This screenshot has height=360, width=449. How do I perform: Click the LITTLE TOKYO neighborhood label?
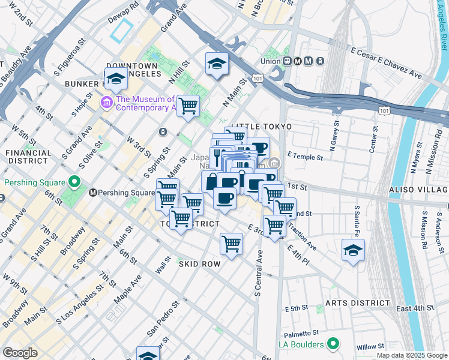261,127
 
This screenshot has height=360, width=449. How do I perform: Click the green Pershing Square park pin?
73,181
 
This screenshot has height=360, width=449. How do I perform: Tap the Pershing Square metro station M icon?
93,193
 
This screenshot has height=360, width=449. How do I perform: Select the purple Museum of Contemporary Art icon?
107,103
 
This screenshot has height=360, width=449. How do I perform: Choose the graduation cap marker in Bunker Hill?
116,79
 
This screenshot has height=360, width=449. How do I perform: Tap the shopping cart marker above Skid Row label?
231,244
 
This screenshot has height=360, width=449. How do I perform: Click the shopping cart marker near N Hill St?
188,106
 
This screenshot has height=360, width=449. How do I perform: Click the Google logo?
20,353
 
